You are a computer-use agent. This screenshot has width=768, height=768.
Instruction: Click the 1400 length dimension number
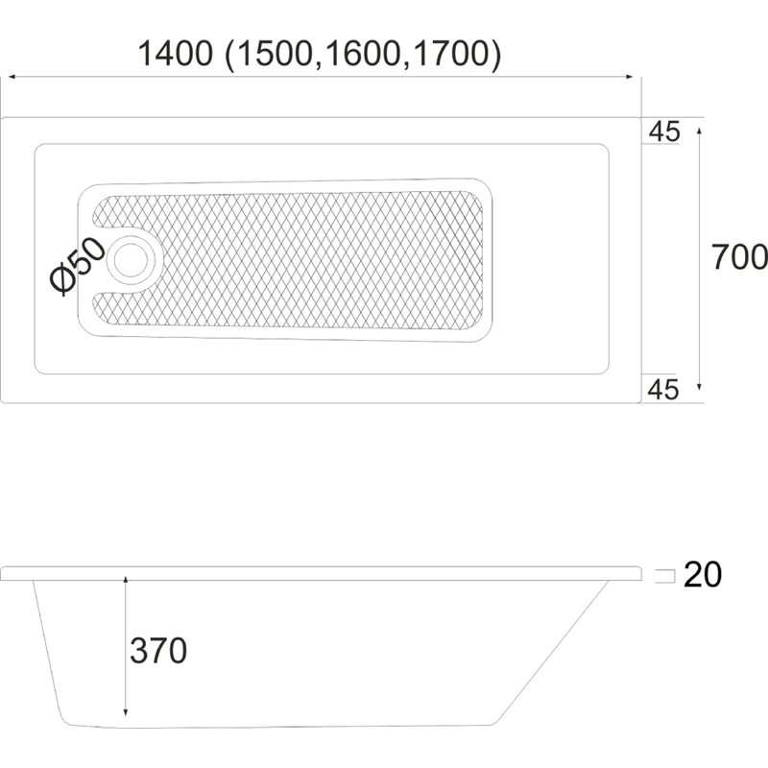pos(176,54)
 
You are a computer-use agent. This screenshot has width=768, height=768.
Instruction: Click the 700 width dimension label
pos(739,257)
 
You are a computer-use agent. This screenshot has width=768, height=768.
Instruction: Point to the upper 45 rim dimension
pos(664,132)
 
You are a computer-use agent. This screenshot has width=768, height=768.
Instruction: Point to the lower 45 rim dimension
pos(663,390)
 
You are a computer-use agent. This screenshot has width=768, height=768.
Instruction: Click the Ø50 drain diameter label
pos(77,267)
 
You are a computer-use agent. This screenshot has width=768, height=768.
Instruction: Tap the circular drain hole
pos(131,259)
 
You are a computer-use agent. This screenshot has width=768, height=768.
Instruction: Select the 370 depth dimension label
pos(158,651)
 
